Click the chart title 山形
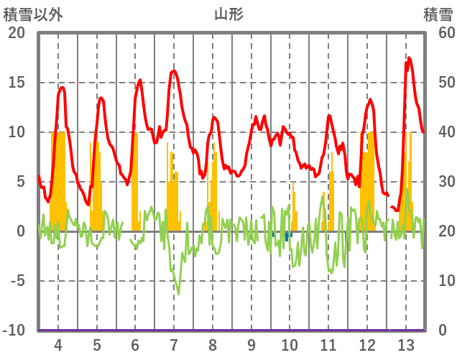click(228, 14)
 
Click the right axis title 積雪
click(438, 14)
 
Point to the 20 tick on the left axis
click(17, 33)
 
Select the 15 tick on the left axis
click(17, 83)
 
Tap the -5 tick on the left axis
click(17, 282)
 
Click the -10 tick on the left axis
click(14, 331)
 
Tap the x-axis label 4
click(58, 345)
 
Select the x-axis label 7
click(174, 345)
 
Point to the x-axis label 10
click(290, 345)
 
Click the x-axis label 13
click(406, 345)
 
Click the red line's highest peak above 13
click(409, 58)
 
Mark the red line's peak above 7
click(174, 70)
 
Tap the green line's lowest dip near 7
click(178, 293)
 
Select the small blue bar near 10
click(287, 236)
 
